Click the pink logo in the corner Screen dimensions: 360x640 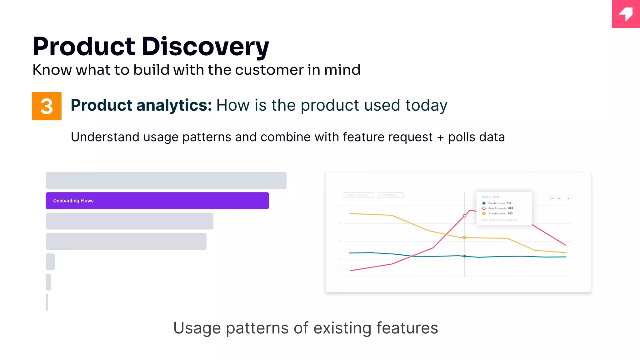coord(626,14)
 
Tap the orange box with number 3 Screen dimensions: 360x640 coord(47,106)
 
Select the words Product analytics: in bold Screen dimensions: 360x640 coord(141,105)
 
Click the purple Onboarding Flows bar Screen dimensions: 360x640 coord(157,201)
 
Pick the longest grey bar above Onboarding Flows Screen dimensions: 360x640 coord(166,180)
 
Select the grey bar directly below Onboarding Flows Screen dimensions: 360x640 coord(129,221)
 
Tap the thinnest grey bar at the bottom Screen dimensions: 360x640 coord(47,302)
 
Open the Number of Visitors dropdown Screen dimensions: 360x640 coord(359,195)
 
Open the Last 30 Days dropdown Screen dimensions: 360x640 coord(391,195)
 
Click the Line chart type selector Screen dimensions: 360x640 coord(560,198)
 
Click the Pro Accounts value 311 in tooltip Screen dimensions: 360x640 coord(509,203)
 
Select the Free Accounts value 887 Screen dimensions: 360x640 coord(511,208)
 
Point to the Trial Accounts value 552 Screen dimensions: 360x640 coord(510,213)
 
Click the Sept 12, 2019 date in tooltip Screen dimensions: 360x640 coord(490,197)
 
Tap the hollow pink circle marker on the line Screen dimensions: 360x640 coord(465,216)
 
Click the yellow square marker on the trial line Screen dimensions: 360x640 coord(465,237)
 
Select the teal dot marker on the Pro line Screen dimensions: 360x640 coord(465,256)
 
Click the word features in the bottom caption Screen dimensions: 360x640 coord(407,328)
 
